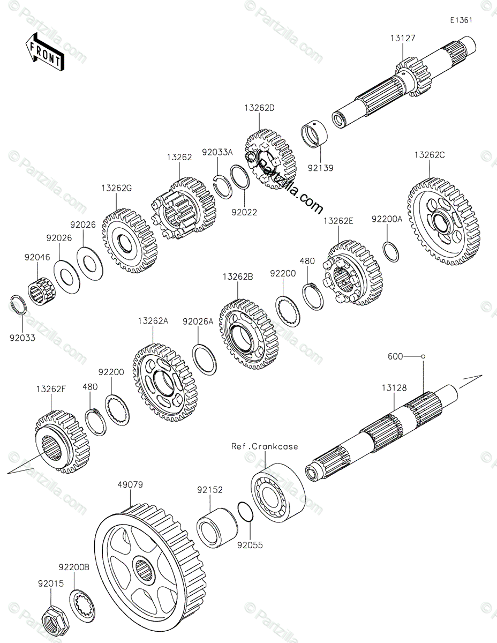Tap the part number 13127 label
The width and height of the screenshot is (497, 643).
coord(402,38)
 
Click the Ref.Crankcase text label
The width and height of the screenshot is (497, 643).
coord(265,446)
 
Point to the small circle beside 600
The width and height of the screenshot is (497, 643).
coord(423,356)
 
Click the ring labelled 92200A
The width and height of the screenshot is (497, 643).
coord(391,252)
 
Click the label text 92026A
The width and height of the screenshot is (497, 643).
coord(198,322)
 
